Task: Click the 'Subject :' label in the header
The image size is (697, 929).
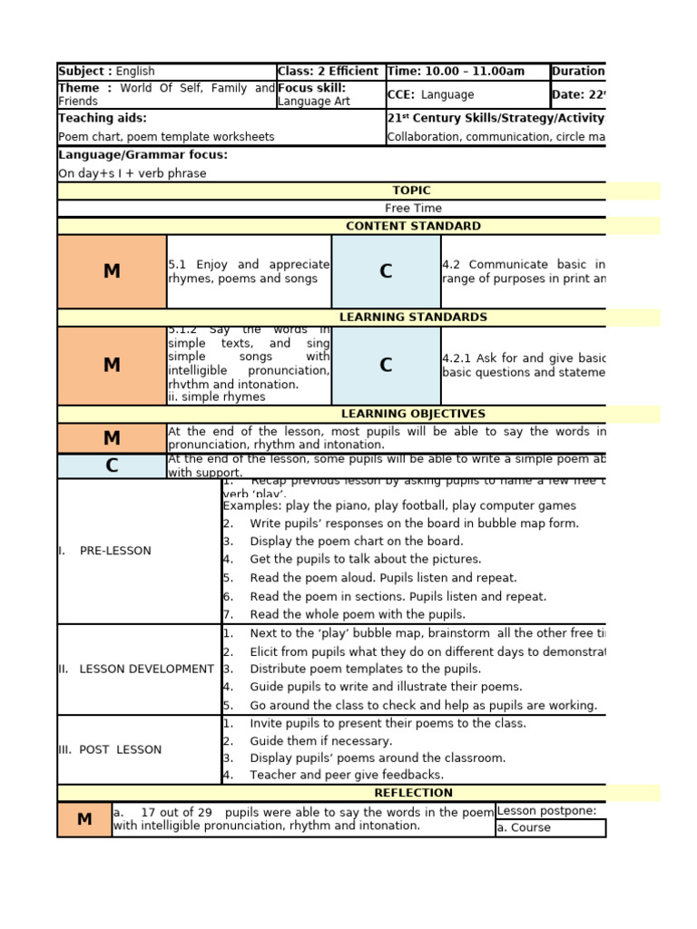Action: [85, 72]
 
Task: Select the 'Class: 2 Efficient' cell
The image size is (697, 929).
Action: [329, 72]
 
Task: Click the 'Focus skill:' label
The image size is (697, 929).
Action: [312, 88]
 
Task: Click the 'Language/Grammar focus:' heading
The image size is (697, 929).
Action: [142, 155]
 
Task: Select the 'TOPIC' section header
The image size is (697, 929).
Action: [411, 191]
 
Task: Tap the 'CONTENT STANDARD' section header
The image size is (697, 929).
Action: [413, 226]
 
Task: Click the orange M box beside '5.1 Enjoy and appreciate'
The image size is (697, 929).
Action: [112, 272]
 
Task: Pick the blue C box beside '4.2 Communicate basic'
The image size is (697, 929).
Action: [386, 272]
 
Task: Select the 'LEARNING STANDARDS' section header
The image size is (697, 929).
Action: [413, 318]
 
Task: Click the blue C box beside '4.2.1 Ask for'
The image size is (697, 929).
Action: [386, 366]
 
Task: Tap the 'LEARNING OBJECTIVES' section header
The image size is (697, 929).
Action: [413, 414]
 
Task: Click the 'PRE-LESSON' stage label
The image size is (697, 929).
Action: [115, 551]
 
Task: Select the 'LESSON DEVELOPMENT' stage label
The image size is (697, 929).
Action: [146, 669]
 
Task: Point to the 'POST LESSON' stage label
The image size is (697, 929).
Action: [120, 749]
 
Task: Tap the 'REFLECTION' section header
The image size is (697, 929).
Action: [413, 793]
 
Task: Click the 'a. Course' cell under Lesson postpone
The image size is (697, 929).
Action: [524, 828]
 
